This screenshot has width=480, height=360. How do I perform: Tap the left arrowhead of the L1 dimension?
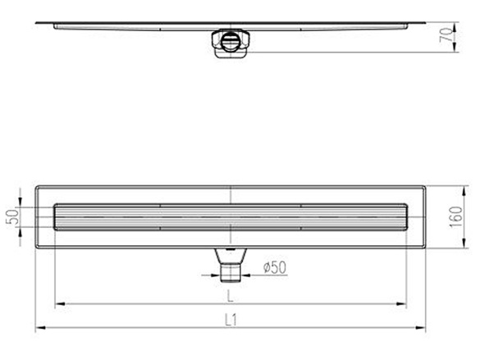pyautogui.click(x=38, y=329)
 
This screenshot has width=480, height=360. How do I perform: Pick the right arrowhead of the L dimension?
pyautogui.click(x=406, y=305)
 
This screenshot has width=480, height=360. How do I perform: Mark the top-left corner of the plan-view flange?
pyautogui.click(x=36, y=186)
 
